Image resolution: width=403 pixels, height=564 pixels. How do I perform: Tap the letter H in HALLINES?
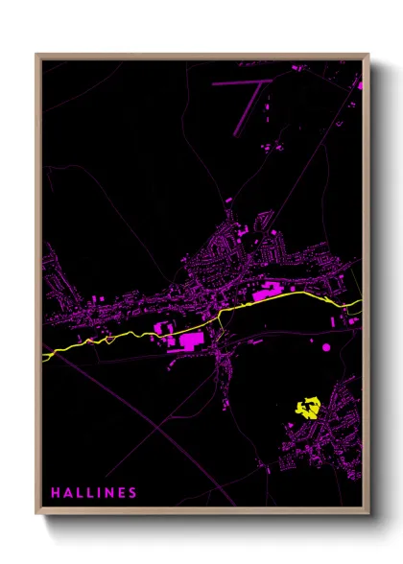click(x=56, y=493)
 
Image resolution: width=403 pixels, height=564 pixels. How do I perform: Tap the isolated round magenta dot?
click(x=325, y=346)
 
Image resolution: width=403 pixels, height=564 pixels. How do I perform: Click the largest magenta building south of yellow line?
click(x=187, y=340)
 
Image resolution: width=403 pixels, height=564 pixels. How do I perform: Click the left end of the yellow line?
click(x=45, y=358)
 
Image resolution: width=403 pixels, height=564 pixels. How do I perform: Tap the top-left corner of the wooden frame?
click(x=36, y=55)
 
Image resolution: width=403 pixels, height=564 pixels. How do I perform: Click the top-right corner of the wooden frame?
click(x=368, y=55)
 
